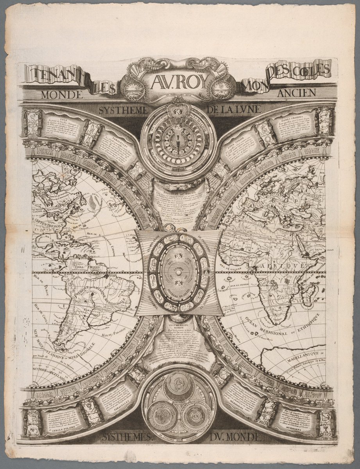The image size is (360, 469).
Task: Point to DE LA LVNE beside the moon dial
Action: click(x=234, y=110)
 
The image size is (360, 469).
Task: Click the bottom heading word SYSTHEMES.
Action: click(x=126, y=437)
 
